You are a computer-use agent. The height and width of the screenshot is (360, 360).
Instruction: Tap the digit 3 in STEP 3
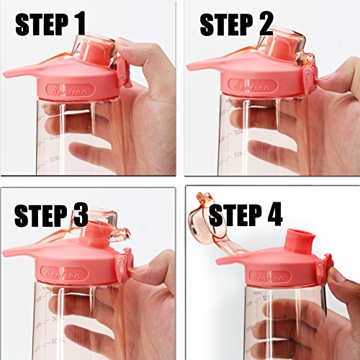pyautogui.click(x=78, y=215)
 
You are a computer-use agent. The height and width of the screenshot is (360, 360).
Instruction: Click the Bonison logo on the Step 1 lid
pyautogui.click(x=70, y=90)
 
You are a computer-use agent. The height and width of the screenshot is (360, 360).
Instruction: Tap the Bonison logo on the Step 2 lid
pyautogui.click(x=253, y=86)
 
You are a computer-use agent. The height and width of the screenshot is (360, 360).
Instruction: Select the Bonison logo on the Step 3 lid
pyautogui.click(x=65, y=274)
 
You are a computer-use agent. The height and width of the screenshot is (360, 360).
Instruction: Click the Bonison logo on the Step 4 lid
pyautogui.click(x=269, y=277)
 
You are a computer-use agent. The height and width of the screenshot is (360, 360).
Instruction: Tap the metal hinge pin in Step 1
pyautogui.click(x=123, y=76)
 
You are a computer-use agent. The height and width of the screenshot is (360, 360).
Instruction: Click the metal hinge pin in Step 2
pyautogui.click(x=308, y=71)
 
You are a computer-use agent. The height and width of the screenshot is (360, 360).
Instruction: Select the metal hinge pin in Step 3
pyautogui.click(x=120, y=259)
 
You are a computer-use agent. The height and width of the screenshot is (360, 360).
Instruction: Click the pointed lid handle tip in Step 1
pyautogui.click(x=4, y=73)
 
